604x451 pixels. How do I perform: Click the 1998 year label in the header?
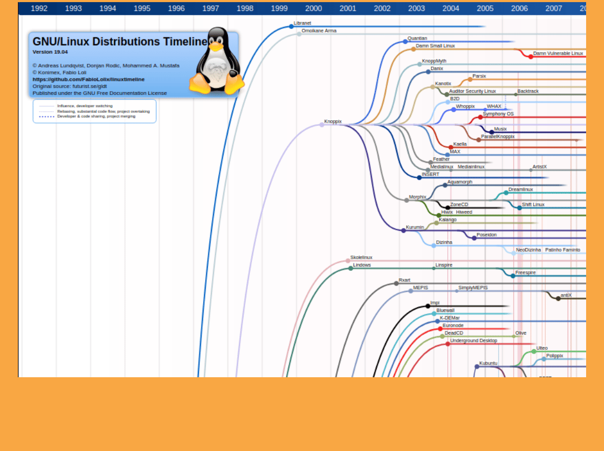click(245, 8)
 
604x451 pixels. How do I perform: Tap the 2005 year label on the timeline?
click(485, 8)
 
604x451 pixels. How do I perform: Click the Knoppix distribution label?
click(333, 122)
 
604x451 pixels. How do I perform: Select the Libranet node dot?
click(291, 26)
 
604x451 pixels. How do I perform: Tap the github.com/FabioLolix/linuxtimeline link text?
click(88, 79)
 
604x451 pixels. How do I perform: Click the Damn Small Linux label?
click(435, 46)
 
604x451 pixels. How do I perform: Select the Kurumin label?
click(415, 228)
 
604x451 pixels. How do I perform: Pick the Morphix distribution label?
click(417, 197)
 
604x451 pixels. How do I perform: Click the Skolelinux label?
click(361, 258)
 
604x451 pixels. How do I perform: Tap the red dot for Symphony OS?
click(480, 117)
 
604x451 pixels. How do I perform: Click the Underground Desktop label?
click(474, 341)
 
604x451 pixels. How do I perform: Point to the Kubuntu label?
click(488, 364)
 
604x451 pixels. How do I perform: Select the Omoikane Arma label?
click(319, 31)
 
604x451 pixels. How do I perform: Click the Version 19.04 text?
click(50, 52)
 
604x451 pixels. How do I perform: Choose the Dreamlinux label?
click(520, 189)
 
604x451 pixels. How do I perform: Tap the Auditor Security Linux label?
click(472, 92)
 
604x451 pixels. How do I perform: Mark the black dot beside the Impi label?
click(428, 306)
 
